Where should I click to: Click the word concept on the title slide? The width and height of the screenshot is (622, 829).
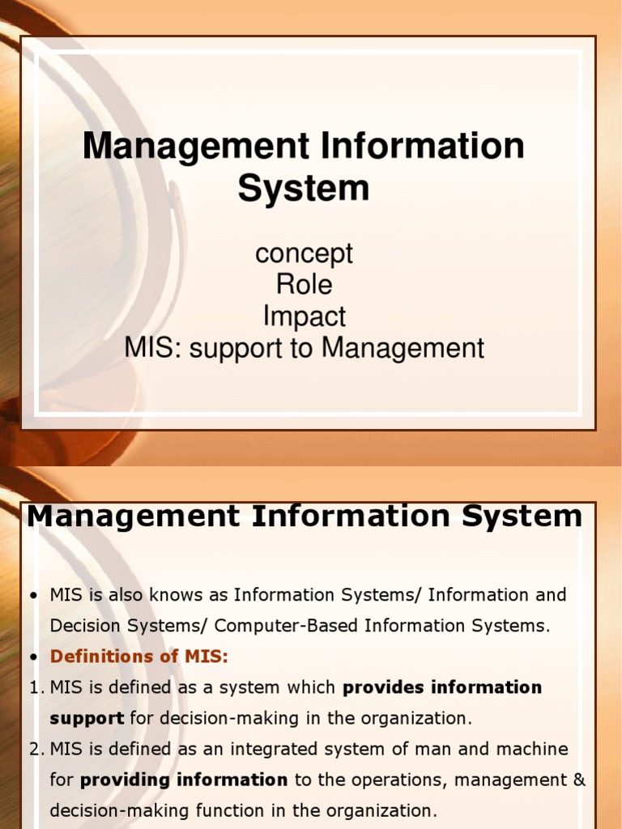[304, 253]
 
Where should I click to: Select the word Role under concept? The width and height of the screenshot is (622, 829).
[304, 284]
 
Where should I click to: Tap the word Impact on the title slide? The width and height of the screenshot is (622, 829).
[304, 316]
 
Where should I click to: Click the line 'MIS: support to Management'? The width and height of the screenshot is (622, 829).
[304, 347]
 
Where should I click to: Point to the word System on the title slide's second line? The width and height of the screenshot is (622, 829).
[304, 188]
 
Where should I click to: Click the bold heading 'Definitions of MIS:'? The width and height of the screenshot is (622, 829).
[139, 657]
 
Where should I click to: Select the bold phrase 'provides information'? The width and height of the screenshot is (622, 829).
[442, 687]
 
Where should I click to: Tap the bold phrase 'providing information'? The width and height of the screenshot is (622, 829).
[184, 780]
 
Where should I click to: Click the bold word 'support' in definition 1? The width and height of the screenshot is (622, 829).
[87, 718]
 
